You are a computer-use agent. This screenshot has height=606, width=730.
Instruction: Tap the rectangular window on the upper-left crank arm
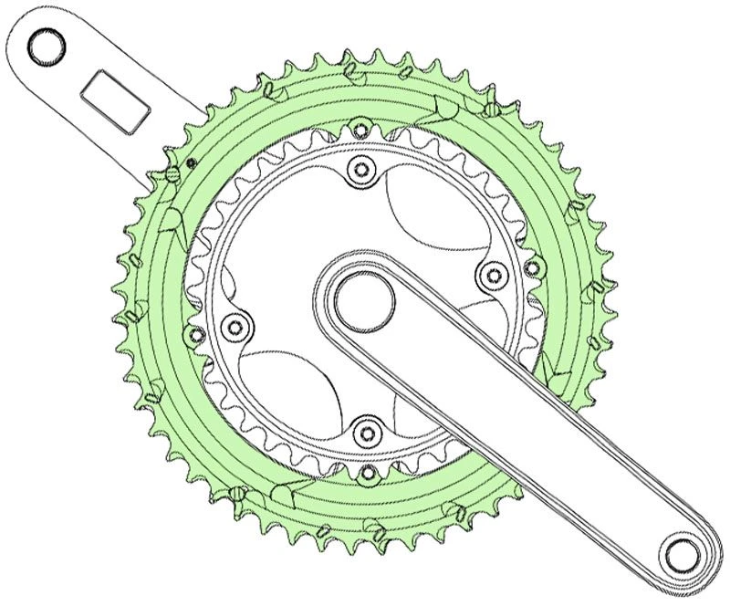pyautogui.click(x=116, y=100)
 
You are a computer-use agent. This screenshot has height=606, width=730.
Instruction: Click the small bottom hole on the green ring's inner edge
pyautogui.click(x=367, y=473)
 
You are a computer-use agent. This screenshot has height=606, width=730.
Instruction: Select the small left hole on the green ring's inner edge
pyautogui.click(x=193, y=334)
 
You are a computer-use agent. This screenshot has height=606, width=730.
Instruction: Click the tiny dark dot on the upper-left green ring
pyautogui.click(x=192, y=163)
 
